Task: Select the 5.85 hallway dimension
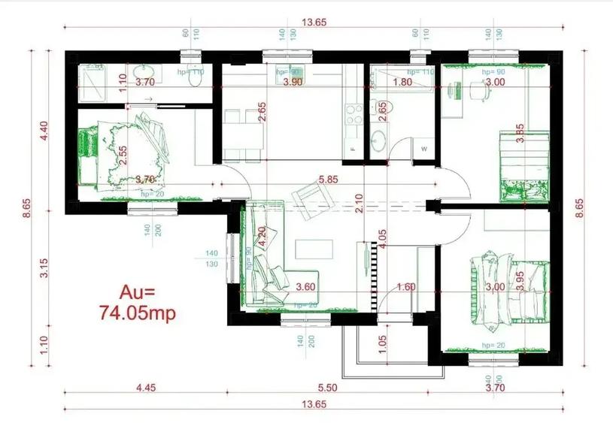coord(327,180)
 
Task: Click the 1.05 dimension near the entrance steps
coord(382,344)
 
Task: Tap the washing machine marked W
coord(424,149)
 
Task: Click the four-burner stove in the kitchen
coord(352,114)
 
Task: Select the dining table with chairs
coord(242,134)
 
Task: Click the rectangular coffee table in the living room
coord(314,249)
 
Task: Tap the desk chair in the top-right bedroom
coord(478,90)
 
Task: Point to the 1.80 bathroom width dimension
coord(403,82)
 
